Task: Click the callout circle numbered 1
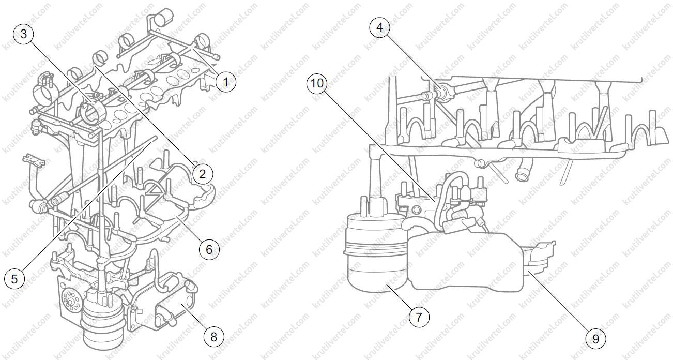point(226,82)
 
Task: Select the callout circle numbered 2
point(202,173)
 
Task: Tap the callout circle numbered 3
point(23,34)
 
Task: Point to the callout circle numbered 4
point(379,27)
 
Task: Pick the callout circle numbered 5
point(14,279)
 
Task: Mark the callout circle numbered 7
point(419,317)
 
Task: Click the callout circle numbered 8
point(213,337)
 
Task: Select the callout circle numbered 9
point(595,339)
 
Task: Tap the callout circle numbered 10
point(317,83)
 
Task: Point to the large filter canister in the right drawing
point(376,252)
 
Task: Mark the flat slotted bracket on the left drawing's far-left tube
point(34,160)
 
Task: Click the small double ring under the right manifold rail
point(480,163)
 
